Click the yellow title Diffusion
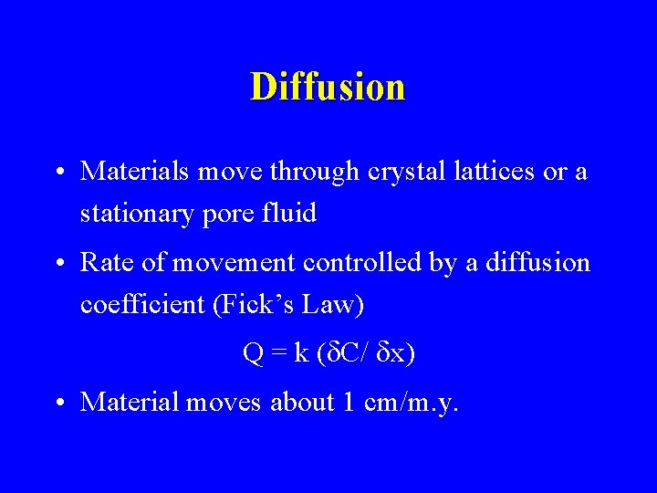pyautogui.click(x=328, y=87)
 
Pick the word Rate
pyautogui.click(x=103, y=263)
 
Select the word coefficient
pyautogui.click(x=142, y=305)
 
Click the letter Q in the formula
pyautogui.click(x=253, y=353)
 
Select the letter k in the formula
pyautogui.click(x=301, y=353)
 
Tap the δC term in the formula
pyautogui.click(x=340, y=353)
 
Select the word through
pyautogui.click(x=308, y=172)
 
